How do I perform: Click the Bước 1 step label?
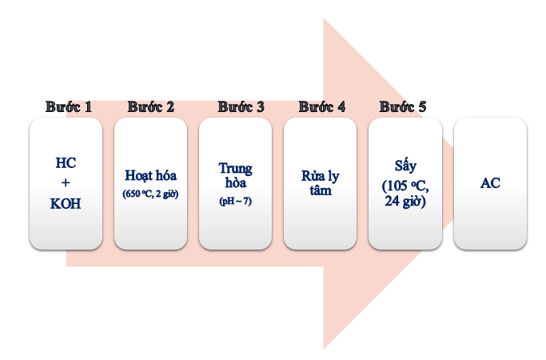coord(69,106)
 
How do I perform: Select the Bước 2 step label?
coord(151,106)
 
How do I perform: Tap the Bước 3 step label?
coord(241,106)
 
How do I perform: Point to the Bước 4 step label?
coord(322,106)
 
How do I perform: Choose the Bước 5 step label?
coord(404,106)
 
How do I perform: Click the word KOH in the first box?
coord(66,203)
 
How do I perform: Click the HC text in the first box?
coord(66,163)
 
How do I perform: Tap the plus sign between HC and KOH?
coord(66,183)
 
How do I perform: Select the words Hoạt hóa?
coord(151,175)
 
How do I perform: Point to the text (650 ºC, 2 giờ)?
coord(151,194)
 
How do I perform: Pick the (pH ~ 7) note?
coord(236,202)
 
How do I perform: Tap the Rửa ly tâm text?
coord(321,183)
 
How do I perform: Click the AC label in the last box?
coord(490,183)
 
